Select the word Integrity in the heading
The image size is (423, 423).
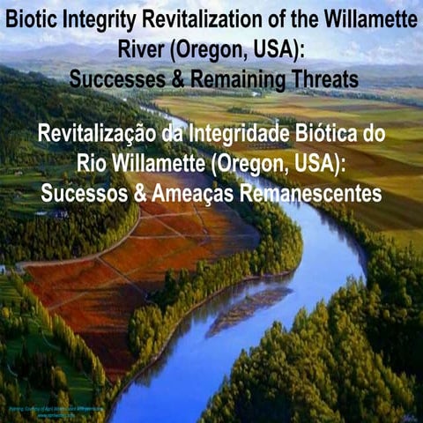point(96,18)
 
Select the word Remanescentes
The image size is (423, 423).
point(308,193)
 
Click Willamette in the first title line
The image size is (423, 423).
point(362,18)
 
